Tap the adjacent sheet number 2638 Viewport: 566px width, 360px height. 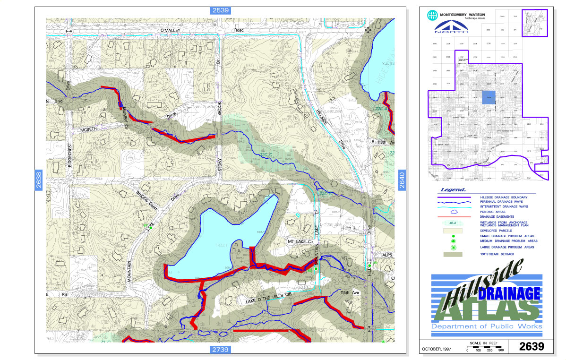pos(39,180)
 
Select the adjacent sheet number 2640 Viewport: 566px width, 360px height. pos(403,180)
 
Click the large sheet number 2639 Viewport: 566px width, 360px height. pos(532,346)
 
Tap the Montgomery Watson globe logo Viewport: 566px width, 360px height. pos(432,15)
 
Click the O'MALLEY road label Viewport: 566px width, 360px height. pos(171,30)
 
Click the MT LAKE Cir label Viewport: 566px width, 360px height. pos(301,241)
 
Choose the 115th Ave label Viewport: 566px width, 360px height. pos(350,293)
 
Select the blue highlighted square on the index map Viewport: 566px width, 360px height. pos(489,97)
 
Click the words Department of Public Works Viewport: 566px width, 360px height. pos(487,326)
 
